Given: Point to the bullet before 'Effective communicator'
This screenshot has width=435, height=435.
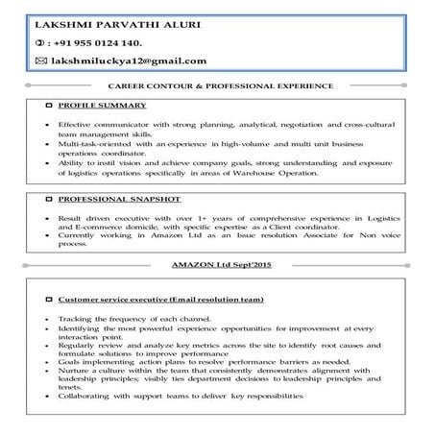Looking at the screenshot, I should coord(47,126).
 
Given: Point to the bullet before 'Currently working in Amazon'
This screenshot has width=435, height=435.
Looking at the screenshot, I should coord(47,235).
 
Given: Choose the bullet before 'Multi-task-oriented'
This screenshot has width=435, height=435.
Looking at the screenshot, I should coord(47,143).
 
